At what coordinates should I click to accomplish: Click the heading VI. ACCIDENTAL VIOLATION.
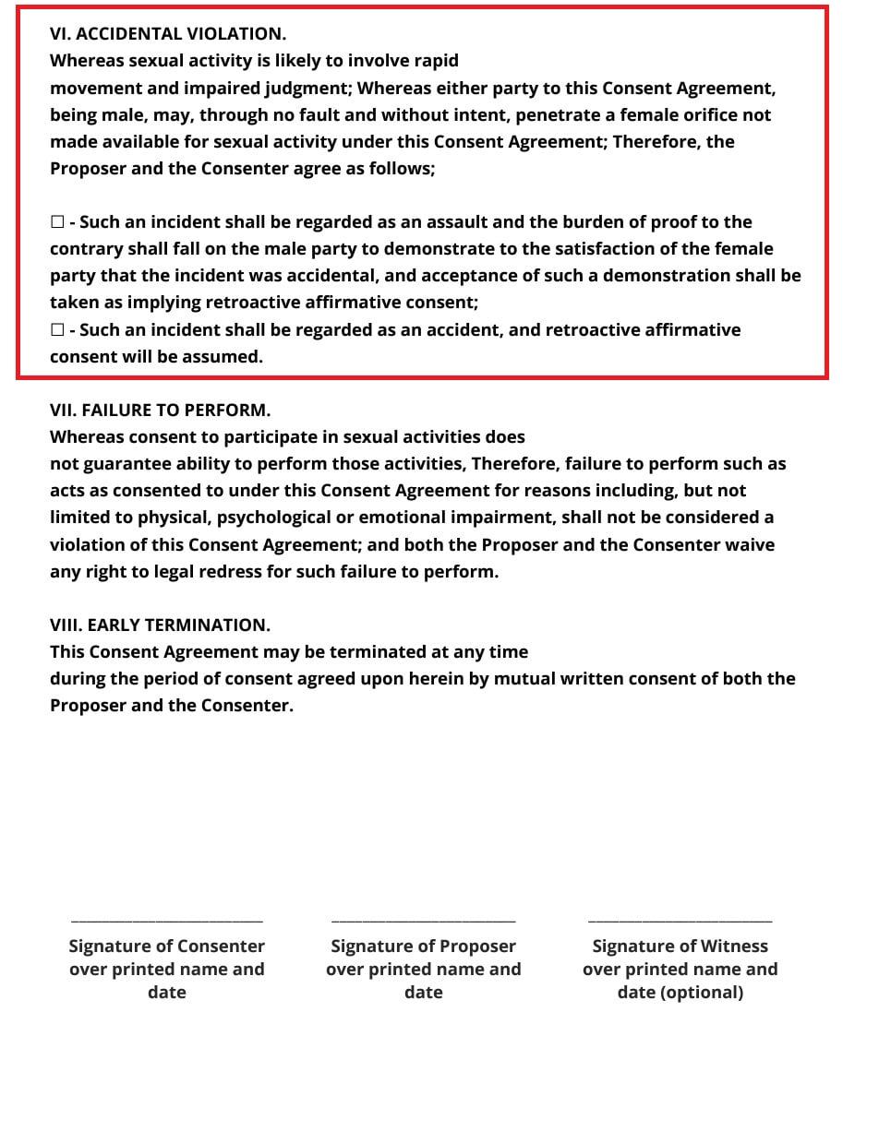(167, 34)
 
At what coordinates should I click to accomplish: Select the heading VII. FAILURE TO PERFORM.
(160, 410)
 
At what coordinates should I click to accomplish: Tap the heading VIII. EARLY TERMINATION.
(160, 625)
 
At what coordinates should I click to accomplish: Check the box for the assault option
(57, 222)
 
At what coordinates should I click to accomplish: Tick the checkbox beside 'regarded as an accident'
(57, 330)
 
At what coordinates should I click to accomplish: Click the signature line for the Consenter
(166, 920)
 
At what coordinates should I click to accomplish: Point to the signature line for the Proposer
(423, 920)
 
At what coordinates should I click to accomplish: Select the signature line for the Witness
(680, 920)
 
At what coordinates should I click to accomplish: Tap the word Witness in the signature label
(734, 947)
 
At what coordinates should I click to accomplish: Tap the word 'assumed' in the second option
(227, 357)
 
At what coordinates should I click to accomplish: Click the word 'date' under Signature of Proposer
(423, 993)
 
